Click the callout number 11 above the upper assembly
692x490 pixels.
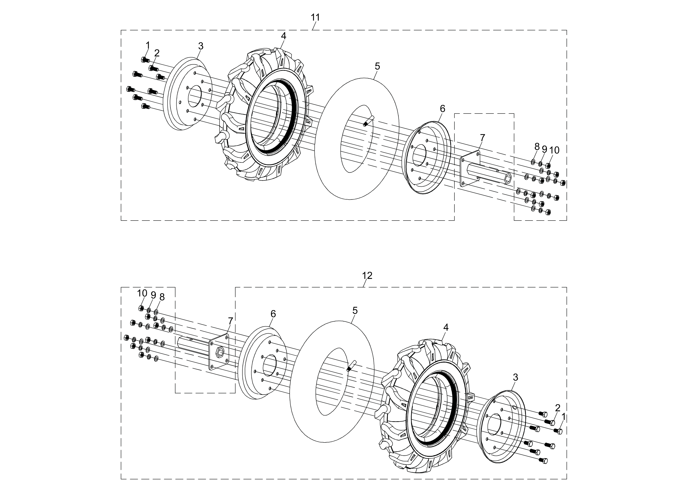click(x=315, y=18)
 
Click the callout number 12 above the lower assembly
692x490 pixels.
click(x=367, y=275)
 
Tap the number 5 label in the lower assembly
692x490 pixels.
click(x=355, y=310)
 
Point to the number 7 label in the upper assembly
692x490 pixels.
click(x=482, y=138)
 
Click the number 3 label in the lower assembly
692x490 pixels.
click(x=515, y=377)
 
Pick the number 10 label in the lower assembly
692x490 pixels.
click(x=142, y=293)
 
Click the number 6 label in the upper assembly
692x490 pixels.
click(x=442, y=109)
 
